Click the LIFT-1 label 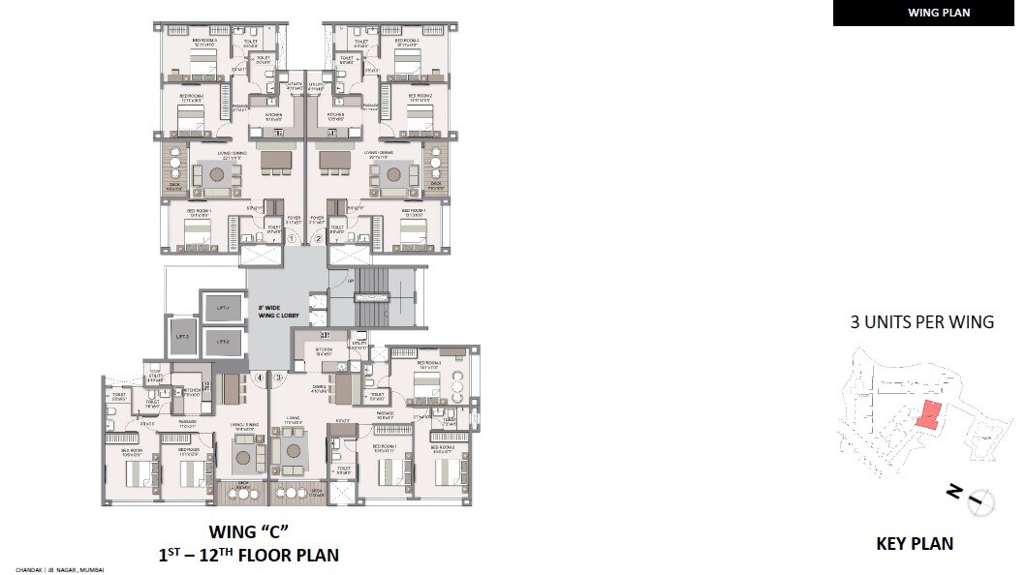coord(222,309)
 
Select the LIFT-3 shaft coord(180,338)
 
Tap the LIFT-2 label coord(222,342)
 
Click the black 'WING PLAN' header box coord(924,14)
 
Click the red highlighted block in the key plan coord(927,415)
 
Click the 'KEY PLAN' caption coord(915,544)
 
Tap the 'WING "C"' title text coord(249,531)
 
